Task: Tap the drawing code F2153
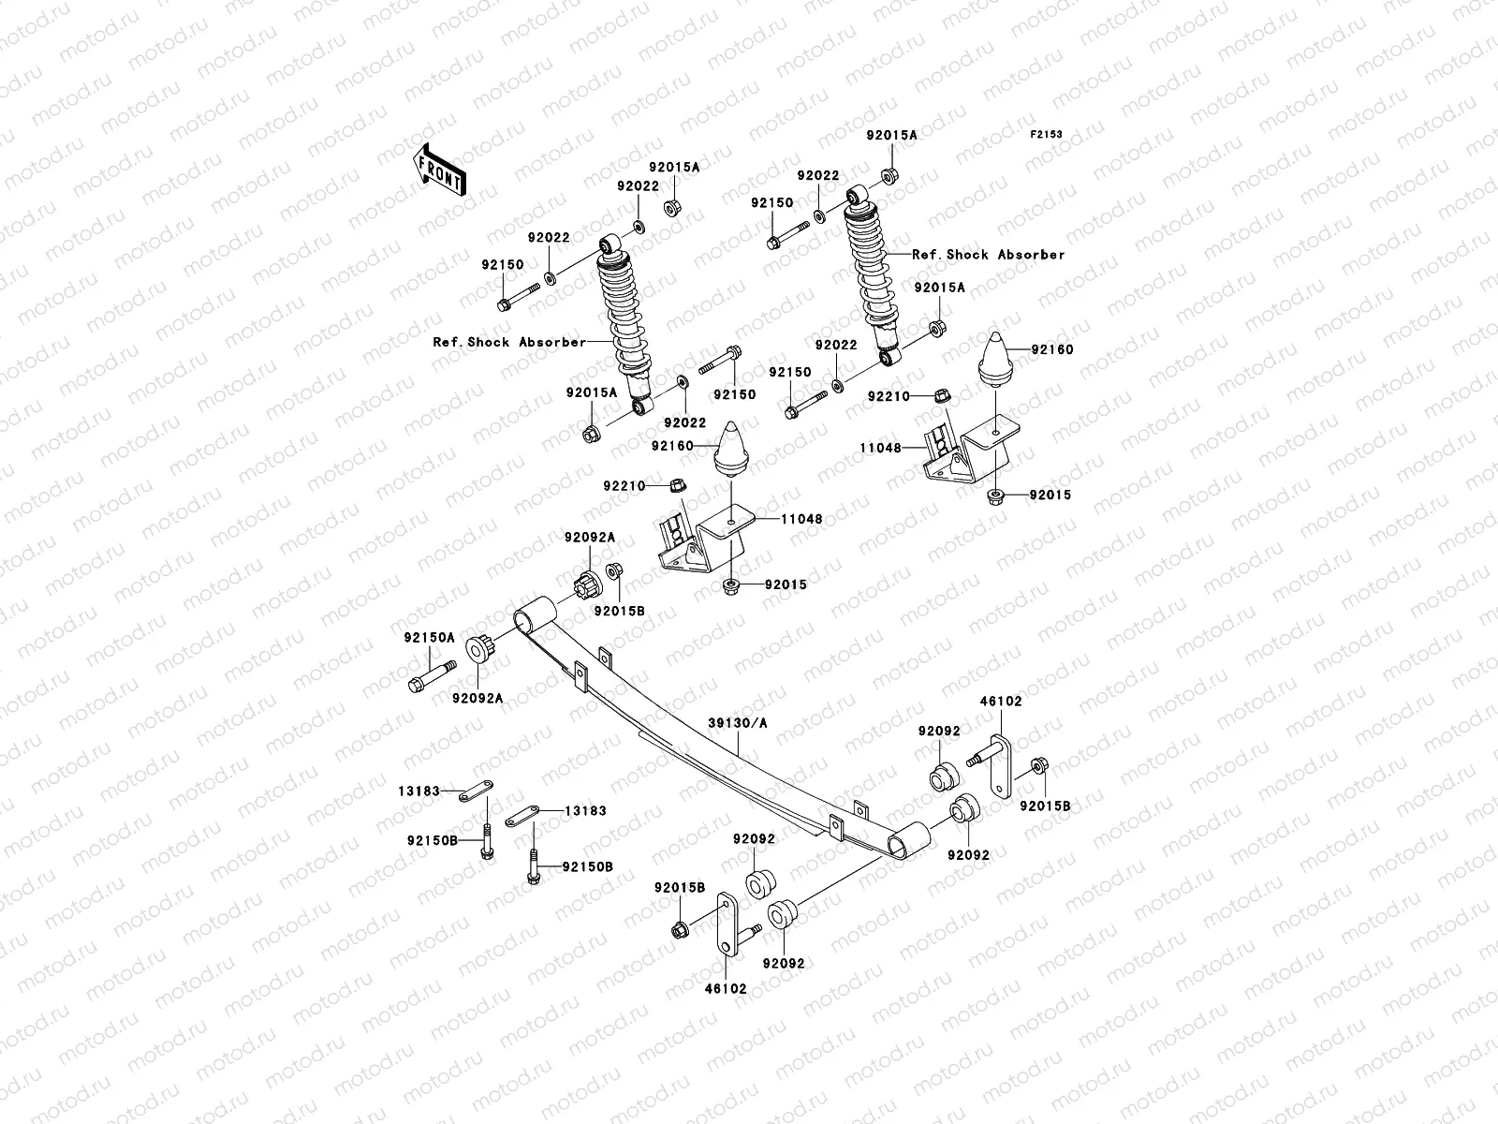tap(1046, 135)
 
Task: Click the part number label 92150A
tap(429, 637)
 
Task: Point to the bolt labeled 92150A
tap(431, 675)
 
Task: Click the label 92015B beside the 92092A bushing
tap(619, 611)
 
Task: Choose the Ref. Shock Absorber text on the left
tap(508, 342)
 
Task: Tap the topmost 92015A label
tap(891, 135)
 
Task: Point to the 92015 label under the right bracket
tap(1050, 495)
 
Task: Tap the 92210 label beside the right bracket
tap(888, 397)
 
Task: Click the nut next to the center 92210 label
tap(680, 485)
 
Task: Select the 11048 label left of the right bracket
tap(880, 449)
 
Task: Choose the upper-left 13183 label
tap(418, 791)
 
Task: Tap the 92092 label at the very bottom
tap(783, 963)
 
